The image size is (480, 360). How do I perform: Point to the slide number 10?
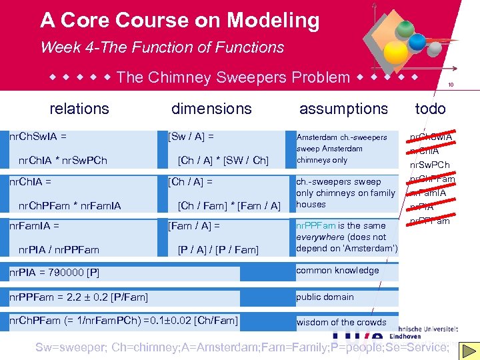pyautogui.click(x=451, y=85)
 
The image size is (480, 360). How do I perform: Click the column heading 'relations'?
pyautogui.click(x=79, y=109)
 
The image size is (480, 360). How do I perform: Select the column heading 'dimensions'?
pyautogui.click(x=211, y=109)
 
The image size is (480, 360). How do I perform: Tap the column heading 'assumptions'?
pyautogui.click(x=343, y=109)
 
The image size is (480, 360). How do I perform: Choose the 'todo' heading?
pyautogui.click(x=430, y=109)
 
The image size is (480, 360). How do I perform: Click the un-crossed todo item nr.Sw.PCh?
pyautogui.click(x=429, y=165)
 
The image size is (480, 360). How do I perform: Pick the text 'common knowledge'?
pyautogui.click(x=337, y=271)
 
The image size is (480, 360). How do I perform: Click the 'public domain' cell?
pyautogui.click(x=325, y=297)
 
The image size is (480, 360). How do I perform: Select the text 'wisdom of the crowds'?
pyautogui.click(x=341, y=323)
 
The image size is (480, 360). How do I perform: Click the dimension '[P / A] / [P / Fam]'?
pyautogui.click(x=218, y=250)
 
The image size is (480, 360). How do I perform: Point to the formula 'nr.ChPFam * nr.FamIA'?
pyautogui.click(x=70, y=206)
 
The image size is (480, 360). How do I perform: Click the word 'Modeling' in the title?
pyautogui.click(x=273, y=21)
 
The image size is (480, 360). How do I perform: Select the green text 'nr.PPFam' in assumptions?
pyautogui.click(x=316, y=226)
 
